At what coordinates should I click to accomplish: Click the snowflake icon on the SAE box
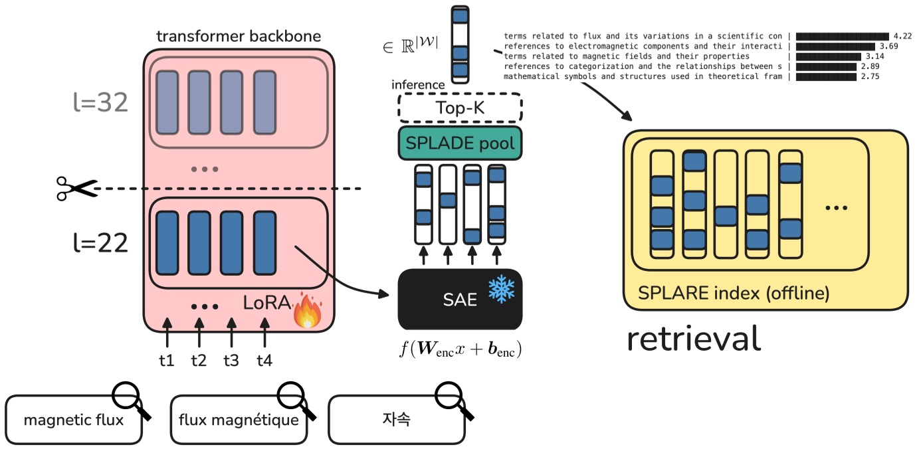(x=501, y=289)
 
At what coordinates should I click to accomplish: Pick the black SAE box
(x=460, y=299)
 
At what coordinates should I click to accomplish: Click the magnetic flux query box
(x=74, y=420)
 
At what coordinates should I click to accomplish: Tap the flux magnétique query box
(x=239, y=420)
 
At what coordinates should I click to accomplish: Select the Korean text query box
(x=396, y=420)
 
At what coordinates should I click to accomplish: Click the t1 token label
(x=167, y=361)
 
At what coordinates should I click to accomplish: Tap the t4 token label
(x=264, y=361)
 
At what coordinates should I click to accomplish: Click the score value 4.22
(x=902, y=36)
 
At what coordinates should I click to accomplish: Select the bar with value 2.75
(x=825, y=77)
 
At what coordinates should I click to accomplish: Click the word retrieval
(x=694, y=338)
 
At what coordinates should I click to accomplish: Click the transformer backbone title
(x=239, y=36)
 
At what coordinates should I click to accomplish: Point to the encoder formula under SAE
(x=460, y=349)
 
